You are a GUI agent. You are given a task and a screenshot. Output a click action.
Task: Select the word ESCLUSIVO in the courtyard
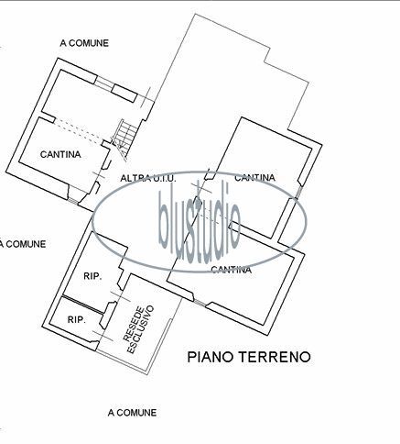pos(141,329)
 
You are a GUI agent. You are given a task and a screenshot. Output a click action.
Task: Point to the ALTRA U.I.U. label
pos(148,178)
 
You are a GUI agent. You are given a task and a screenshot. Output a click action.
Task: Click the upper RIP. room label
pos(92,276)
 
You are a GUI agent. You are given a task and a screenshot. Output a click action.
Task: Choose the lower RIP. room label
pos(77,320)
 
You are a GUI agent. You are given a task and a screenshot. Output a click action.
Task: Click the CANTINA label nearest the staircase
pos(60,154)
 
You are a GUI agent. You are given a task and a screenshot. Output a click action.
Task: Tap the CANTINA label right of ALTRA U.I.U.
pos(254,178)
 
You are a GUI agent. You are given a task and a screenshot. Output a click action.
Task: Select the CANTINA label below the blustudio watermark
pos(232,270)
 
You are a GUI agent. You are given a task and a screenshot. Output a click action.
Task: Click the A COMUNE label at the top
pos(84,43)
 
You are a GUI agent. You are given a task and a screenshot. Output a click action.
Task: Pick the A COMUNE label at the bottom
pos(132,413)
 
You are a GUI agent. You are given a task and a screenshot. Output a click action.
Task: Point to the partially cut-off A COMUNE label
pos(23,244)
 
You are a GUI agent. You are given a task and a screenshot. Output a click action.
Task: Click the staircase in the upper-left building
pos(123,139)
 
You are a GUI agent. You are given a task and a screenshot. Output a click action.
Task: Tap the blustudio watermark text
pos(200,222)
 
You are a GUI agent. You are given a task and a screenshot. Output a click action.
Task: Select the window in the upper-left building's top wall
pos(104,83)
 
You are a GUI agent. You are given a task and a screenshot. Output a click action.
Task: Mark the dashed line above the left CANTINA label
pos(79,131)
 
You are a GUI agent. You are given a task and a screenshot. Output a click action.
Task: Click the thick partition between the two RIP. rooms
pos(82,305)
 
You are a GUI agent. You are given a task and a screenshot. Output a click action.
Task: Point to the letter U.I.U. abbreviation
pos(165,178)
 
